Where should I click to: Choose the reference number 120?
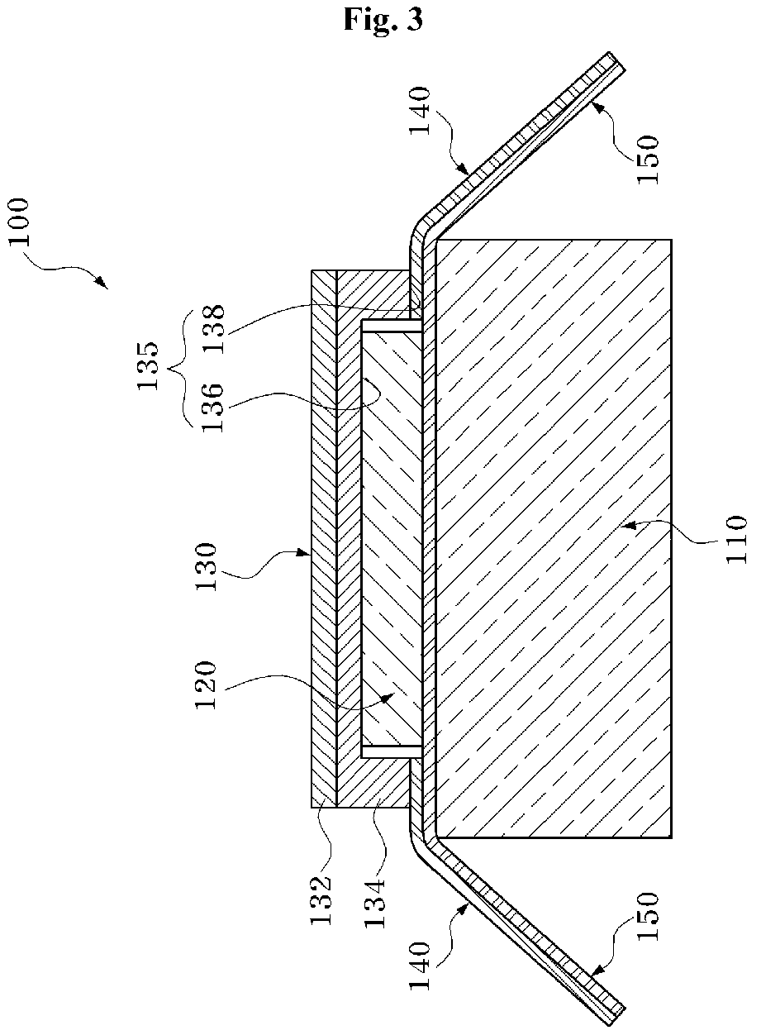204,684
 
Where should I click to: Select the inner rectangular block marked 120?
392,537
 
